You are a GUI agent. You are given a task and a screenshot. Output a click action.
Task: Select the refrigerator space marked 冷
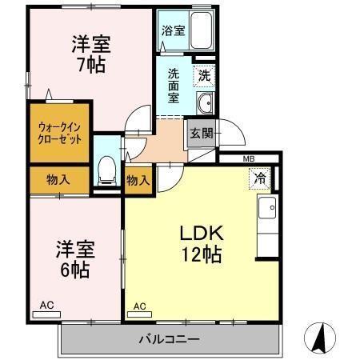click(x=262, y=178)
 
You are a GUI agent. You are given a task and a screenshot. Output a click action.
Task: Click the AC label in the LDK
click(x=140, y=306)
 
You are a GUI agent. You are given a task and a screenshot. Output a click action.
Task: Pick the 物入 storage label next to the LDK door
click(x=138, y=180)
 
